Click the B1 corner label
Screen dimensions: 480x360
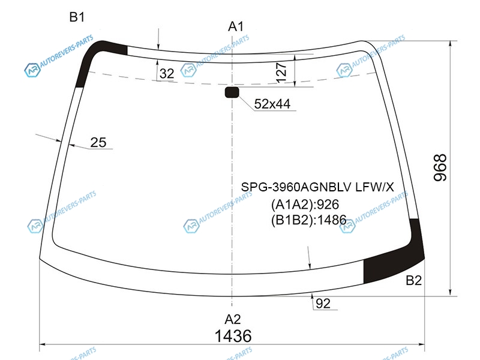77,17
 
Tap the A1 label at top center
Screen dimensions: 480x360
236,26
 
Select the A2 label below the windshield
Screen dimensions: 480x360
233,319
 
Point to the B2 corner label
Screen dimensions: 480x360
413,280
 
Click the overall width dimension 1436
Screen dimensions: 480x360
233,336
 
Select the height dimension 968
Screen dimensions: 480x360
440,168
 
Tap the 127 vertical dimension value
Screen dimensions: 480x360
281,73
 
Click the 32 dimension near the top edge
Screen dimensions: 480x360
167,73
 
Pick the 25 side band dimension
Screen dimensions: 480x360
98,142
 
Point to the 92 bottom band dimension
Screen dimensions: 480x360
323,304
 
